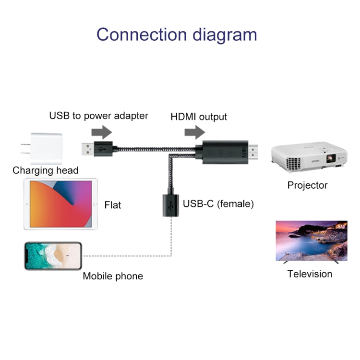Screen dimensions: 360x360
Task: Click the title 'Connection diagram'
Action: click(177, 35)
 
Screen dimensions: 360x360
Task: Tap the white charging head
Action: click(44, 147)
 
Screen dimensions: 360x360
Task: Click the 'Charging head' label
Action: click(46, 170)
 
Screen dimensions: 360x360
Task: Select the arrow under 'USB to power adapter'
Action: click(101, 131)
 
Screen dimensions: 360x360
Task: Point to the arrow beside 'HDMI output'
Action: click(194, 131)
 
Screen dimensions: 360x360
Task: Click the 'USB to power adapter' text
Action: click(99, 116)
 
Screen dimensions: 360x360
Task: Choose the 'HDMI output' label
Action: click(199, 117)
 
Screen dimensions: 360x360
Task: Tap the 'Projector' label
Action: click(307, 185)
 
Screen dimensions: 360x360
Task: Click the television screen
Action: click(311, 240)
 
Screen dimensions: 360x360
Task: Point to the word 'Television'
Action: click(310, 274)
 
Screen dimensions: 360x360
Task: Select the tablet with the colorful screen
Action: click(60, 204)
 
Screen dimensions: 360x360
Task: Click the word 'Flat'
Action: click(113, 205)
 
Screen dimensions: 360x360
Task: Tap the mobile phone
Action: click(53, 256)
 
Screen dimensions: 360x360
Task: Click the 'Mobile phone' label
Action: click(113, 276)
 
